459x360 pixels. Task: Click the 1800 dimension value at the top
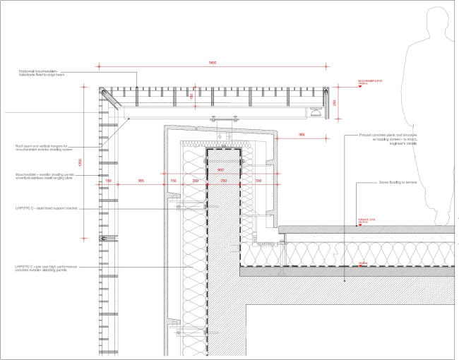point(212,63)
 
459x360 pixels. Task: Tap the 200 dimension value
point(196,181)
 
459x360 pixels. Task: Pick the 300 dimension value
point(258,181)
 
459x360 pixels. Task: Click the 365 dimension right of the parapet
point(302,133)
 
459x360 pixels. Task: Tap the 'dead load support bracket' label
point(50,210)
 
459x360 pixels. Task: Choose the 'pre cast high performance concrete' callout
point(47,269)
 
